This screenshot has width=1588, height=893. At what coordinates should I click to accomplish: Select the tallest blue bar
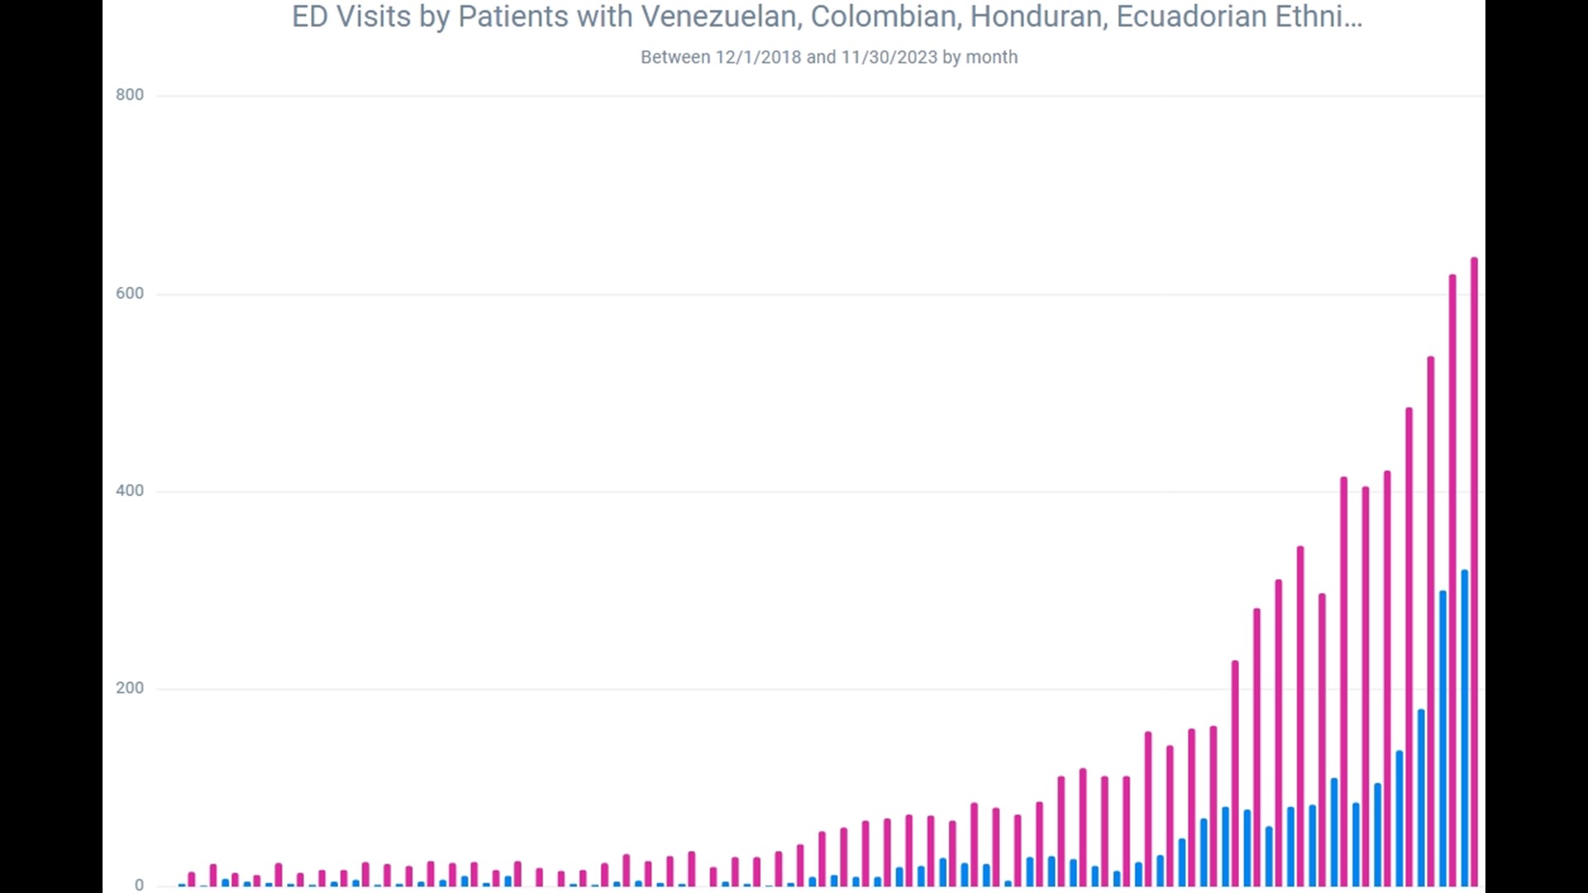pyautogui.click(x=1465, y=728)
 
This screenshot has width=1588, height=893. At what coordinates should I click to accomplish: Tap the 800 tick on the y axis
pyautogui.click(x=130, y=95)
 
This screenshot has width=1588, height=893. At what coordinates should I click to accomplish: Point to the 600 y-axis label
pyautogui.click(x=130, y=294)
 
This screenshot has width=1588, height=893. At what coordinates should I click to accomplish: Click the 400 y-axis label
pyautogui.click(x=130, y=491)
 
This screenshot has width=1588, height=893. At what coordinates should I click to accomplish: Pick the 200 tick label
pyautogui.click(x=130, y=688)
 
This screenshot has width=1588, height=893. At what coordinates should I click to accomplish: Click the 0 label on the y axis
pyautogui.click(x=139, y=885)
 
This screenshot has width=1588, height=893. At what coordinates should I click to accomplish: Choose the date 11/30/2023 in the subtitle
pyautogui.click(x=889, y=58)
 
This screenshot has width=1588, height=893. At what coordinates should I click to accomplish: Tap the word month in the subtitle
pyautogui.click(x=992, y=58)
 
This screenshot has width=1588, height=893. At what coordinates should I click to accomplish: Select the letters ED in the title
pyautogui.click(x=310, y=17)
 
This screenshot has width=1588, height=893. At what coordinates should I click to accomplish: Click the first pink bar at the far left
pyautogui.click(x=192, y=879)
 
